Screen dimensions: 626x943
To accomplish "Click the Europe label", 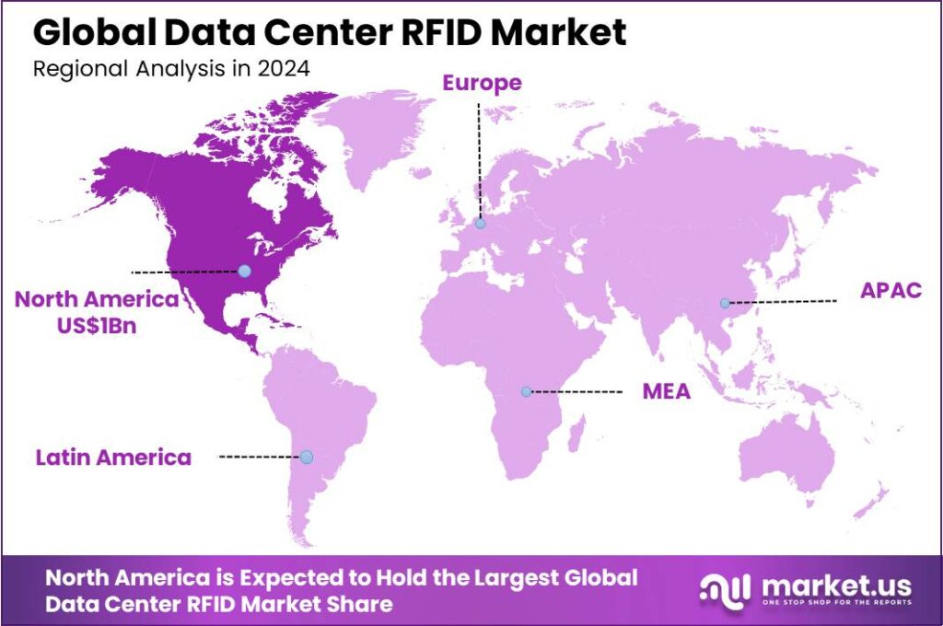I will [482, 83].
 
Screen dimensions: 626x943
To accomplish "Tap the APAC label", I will [891, 291].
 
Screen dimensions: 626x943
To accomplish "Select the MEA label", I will [666, 392].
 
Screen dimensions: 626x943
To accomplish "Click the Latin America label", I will [113, 457].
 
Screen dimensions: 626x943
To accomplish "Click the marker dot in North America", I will [244, 271].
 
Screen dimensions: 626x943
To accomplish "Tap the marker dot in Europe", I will [480, 223].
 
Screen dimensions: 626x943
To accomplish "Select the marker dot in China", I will [725, 303].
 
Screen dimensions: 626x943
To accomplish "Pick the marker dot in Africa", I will [526, 391].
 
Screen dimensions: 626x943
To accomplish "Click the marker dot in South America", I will [307, 457].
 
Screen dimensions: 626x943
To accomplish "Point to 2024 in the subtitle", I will [286, 67].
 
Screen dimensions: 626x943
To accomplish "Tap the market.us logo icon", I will [723, 589].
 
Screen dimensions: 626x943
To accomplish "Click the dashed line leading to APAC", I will [783, 301].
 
